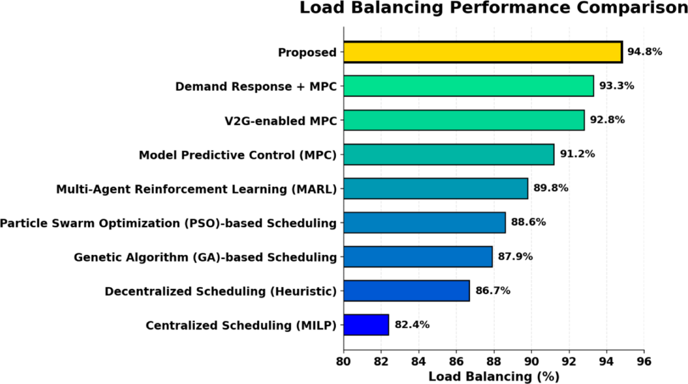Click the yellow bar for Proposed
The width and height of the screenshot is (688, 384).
coord(483,52)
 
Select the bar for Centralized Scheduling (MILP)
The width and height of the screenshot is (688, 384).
coord(366,325)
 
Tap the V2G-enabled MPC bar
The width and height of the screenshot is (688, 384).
coord(464,120)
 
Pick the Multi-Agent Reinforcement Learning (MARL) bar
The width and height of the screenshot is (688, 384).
coord(436,189)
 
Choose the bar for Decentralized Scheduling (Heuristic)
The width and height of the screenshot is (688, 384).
coord(406,291)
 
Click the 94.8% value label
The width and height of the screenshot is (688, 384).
coord(645,52)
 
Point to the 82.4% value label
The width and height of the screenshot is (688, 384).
coord(412,325)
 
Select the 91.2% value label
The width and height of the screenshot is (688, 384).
coord(577,154)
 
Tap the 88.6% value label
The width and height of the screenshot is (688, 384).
coord(529,222)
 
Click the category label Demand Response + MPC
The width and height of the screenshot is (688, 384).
coord(256,87)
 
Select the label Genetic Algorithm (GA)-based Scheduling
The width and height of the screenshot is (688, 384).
coord(205,257)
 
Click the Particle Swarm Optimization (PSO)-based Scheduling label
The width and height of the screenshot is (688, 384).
coord(168,222)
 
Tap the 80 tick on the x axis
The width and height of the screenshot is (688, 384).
coord(343,362)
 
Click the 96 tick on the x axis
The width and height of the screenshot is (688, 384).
coord(644,362)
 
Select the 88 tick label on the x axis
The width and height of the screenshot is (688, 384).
coord(494,362)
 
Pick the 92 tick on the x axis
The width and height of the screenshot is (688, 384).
coord(569,362)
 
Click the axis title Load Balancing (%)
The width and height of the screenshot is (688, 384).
coord(494,377)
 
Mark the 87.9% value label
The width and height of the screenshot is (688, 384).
coord(515,257)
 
